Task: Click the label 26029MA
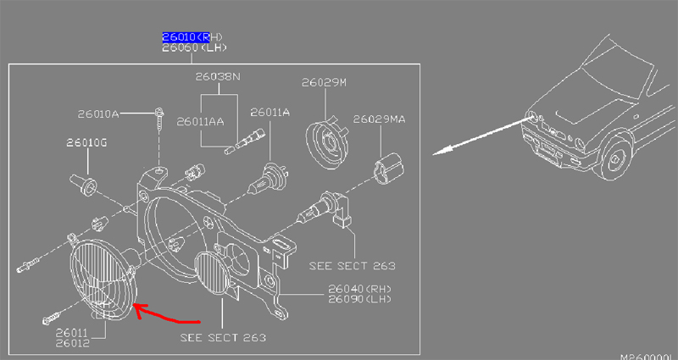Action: [x=379, y=119]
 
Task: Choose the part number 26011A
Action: [x=270, y=112]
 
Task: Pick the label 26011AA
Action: [x=201, y=122]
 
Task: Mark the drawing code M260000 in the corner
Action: [x=647, y=356]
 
